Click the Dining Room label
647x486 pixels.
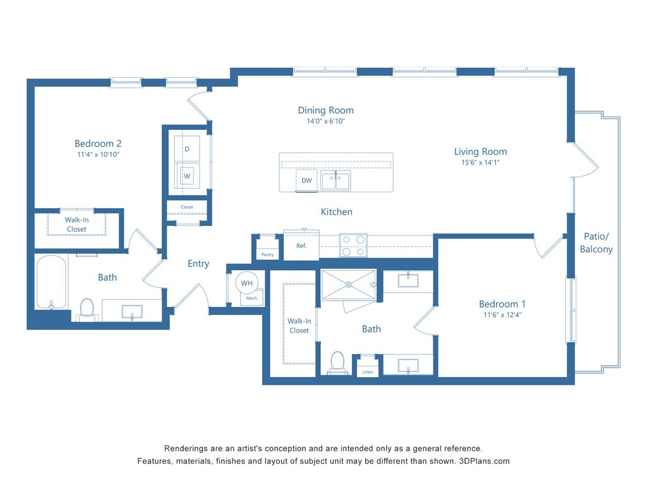[325, 110]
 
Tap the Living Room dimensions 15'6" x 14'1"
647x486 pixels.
[480, 163]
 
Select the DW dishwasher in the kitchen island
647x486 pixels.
[306, 180]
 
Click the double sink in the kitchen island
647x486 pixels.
[336, 180]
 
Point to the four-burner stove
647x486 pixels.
[353, 246]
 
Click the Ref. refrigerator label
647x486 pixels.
[301, 246]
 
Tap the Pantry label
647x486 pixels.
[267, 254]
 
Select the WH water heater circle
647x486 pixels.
[247, 283]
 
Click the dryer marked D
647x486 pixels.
[187, 149]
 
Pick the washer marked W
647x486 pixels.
[187, 176]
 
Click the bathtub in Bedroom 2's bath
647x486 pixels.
[51, 282]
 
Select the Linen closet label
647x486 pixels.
[368, 372]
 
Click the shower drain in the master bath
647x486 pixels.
[349, 284]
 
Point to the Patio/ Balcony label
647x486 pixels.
[596, 242]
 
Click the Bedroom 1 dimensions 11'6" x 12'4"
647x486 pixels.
[502, 315]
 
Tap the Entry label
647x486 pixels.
[198, 264]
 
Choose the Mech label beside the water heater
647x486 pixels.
[251, 298]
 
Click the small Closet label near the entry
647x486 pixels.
[187, 207]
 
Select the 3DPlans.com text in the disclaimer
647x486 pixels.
[485, 461]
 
